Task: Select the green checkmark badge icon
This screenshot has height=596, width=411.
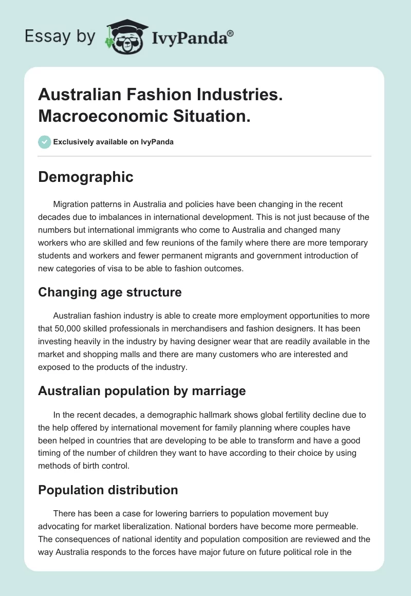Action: point(45,142)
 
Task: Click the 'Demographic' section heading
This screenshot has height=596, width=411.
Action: point(86,177)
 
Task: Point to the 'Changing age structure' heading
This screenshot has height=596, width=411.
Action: point(110,292)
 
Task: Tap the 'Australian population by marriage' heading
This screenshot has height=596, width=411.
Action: point(142,390)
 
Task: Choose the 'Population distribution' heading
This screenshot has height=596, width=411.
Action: point(108,490)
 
